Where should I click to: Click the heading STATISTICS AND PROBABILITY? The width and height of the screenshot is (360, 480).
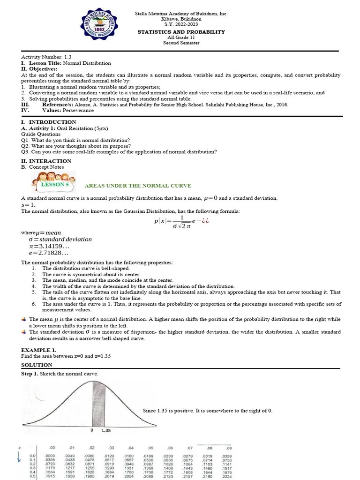[180, 32]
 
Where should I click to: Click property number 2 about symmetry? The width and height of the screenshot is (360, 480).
[91, 274]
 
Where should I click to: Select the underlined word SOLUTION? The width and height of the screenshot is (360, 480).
[37, 365]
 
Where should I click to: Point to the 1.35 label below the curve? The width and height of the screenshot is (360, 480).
[106, 430]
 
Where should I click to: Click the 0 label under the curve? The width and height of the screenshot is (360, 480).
[92, 430]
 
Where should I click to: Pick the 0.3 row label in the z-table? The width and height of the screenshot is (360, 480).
[32, 468]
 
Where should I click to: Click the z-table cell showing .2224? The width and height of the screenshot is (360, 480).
[226, 476]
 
